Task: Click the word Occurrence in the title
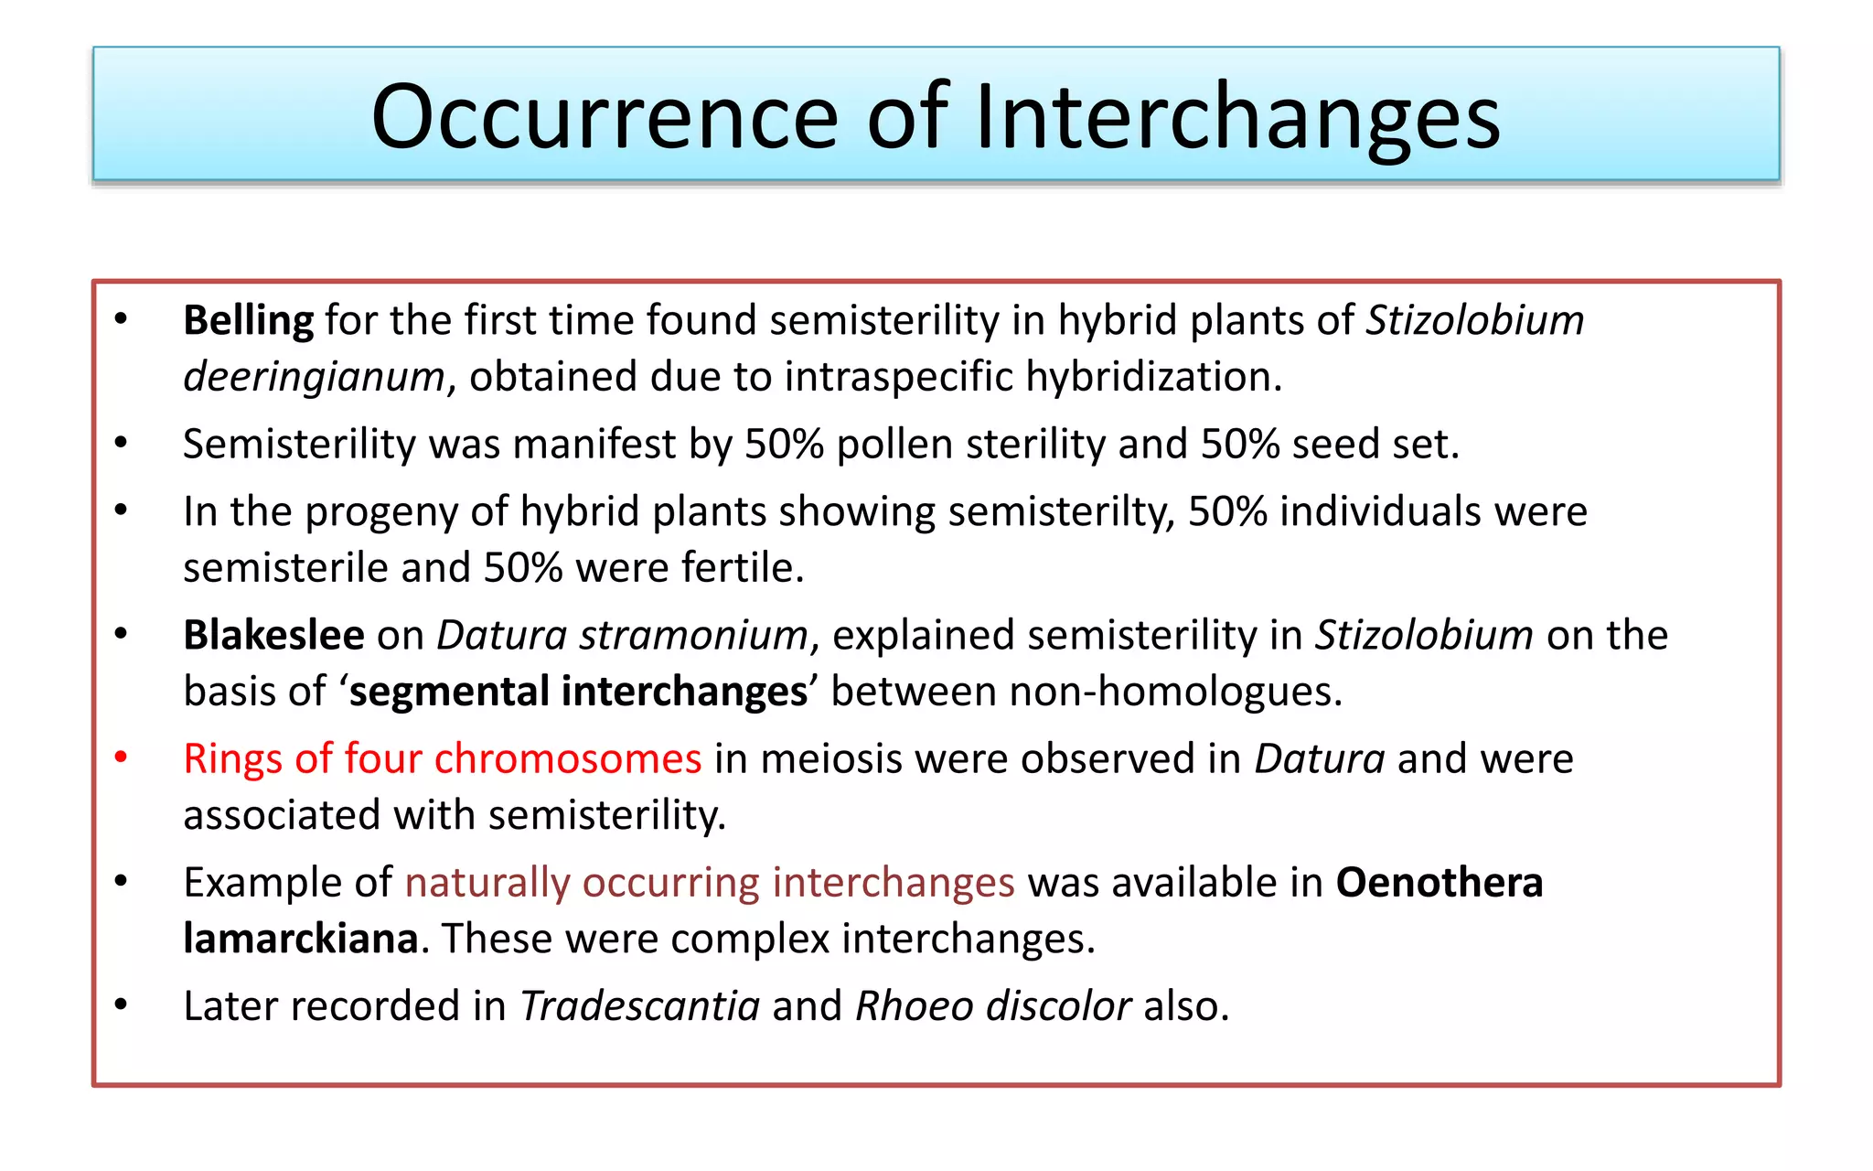click(x=604, y=117)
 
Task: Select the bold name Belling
click(x=248, y=320)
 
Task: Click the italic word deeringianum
click(x=314, y=377)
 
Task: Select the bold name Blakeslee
click(x=273, y=635)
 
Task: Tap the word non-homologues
click(x=1174, y=692)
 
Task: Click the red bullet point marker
click(x=121, y=757)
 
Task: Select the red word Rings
click(x=232, y=759)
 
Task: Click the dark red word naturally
click(x=487, y=883)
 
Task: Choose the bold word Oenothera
click(x=1439, y=883)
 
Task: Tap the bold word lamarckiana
click(x=301, y=939)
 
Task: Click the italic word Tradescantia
click(x=639, y=1006)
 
